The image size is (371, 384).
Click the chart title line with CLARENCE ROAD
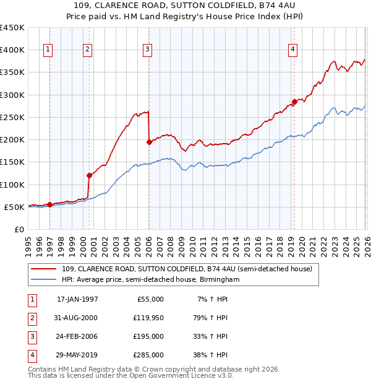(x=185, y=6)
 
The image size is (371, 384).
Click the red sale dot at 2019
(x=294, y=102)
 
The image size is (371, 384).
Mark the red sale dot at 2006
(x=149, y=142)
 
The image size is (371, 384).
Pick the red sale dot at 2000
(x=90, y=175)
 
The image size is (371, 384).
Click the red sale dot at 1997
(x=50, y=204)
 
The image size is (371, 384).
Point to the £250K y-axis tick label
(x=12, y=117)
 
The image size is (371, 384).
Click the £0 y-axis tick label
(x=19, y=229)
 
